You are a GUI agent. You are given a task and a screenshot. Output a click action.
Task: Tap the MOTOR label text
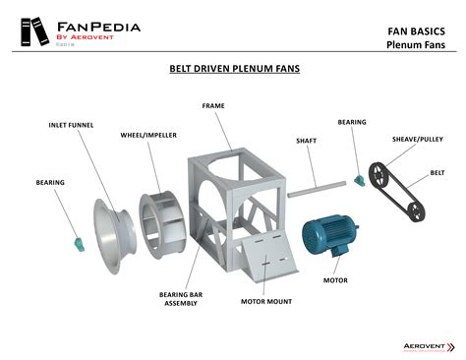[335, 280]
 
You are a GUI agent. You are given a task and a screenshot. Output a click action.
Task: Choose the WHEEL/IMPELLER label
[147, 134]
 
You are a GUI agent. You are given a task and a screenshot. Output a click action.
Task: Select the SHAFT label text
[306, 141]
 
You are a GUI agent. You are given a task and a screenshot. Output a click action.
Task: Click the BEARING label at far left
[50, 182]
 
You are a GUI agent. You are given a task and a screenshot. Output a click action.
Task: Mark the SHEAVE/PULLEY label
[417, 140]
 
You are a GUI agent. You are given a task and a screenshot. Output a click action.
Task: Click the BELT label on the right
[437, 172]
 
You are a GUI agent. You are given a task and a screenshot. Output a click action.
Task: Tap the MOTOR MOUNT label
[265, 302]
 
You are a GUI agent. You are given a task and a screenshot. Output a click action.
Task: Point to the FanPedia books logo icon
[31, 32]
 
